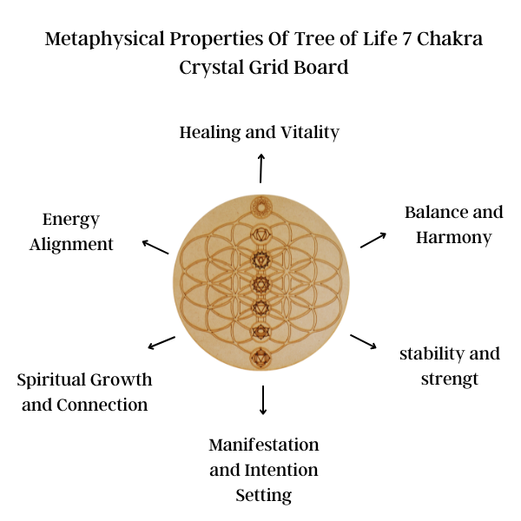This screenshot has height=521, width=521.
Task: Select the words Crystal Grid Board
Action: click(264, 67)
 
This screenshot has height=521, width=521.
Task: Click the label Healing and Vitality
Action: click(259, 133)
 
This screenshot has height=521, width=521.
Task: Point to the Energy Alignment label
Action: click(71, 232)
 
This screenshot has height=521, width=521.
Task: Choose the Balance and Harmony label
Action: click(453, 224)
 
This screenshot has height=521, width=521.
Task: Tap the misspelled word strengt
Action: click(449, 379)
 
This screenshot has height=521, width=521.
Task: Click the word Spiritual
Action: click(56, 379)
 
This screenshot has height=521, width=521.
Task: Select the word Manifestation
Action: click(264, 445)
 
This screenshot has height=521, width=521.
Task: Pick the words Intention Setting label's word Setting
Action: click(264, 496)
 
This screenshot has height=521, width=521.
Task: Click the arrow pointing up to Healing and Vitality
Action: click(260, 167)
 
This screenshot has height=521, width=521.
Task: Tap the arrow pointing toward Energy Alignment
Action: click(155, 247)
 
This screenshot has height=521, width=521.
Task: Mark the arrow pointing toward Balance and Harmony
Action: click(373, 239)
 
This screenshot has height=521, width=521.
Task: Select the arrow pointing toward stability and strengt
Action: click(364, 340)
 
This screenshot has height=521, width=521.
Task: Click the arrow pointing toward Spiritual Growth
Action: click(162, 343)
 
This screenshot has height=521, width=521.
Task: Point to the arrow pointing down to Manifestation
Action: click(263, 399)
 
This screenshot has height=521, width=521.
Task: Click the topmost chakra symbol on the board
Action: click(260, 207)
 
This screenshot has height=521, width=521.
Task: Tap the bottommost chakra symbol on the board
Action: click(260, 356)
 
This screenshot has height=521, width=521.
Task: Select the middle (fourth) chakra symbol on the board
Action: click(260, 283)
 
